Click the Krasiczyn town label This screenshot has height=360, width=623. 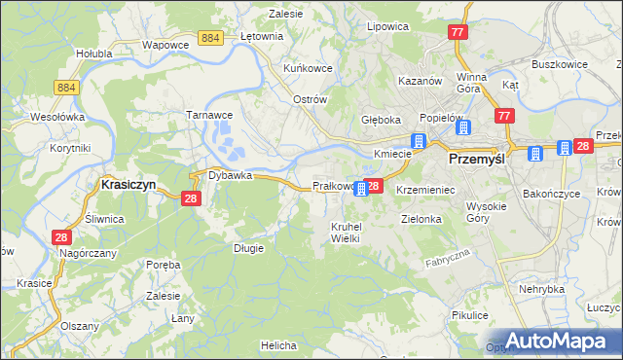[x=130, y=183]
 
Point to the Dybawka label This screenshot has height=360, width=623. [x=230, y=176]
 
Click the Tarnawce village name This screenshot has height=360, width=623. [x=207, y=114]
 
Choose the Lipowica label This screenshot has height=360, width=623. [x=386, y=26]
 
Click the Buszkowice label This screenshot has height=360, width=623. [x=558, y=64]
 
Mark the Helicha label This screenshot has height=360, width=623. [x=278, y=345]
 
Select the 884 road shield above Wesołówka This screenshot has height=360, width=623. [x=67, y=88]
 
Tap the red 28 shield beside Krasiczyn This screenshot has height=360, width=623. [x=191, y=198]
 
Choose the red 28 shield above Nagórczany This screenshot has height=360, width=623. [x=61, y=236]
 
